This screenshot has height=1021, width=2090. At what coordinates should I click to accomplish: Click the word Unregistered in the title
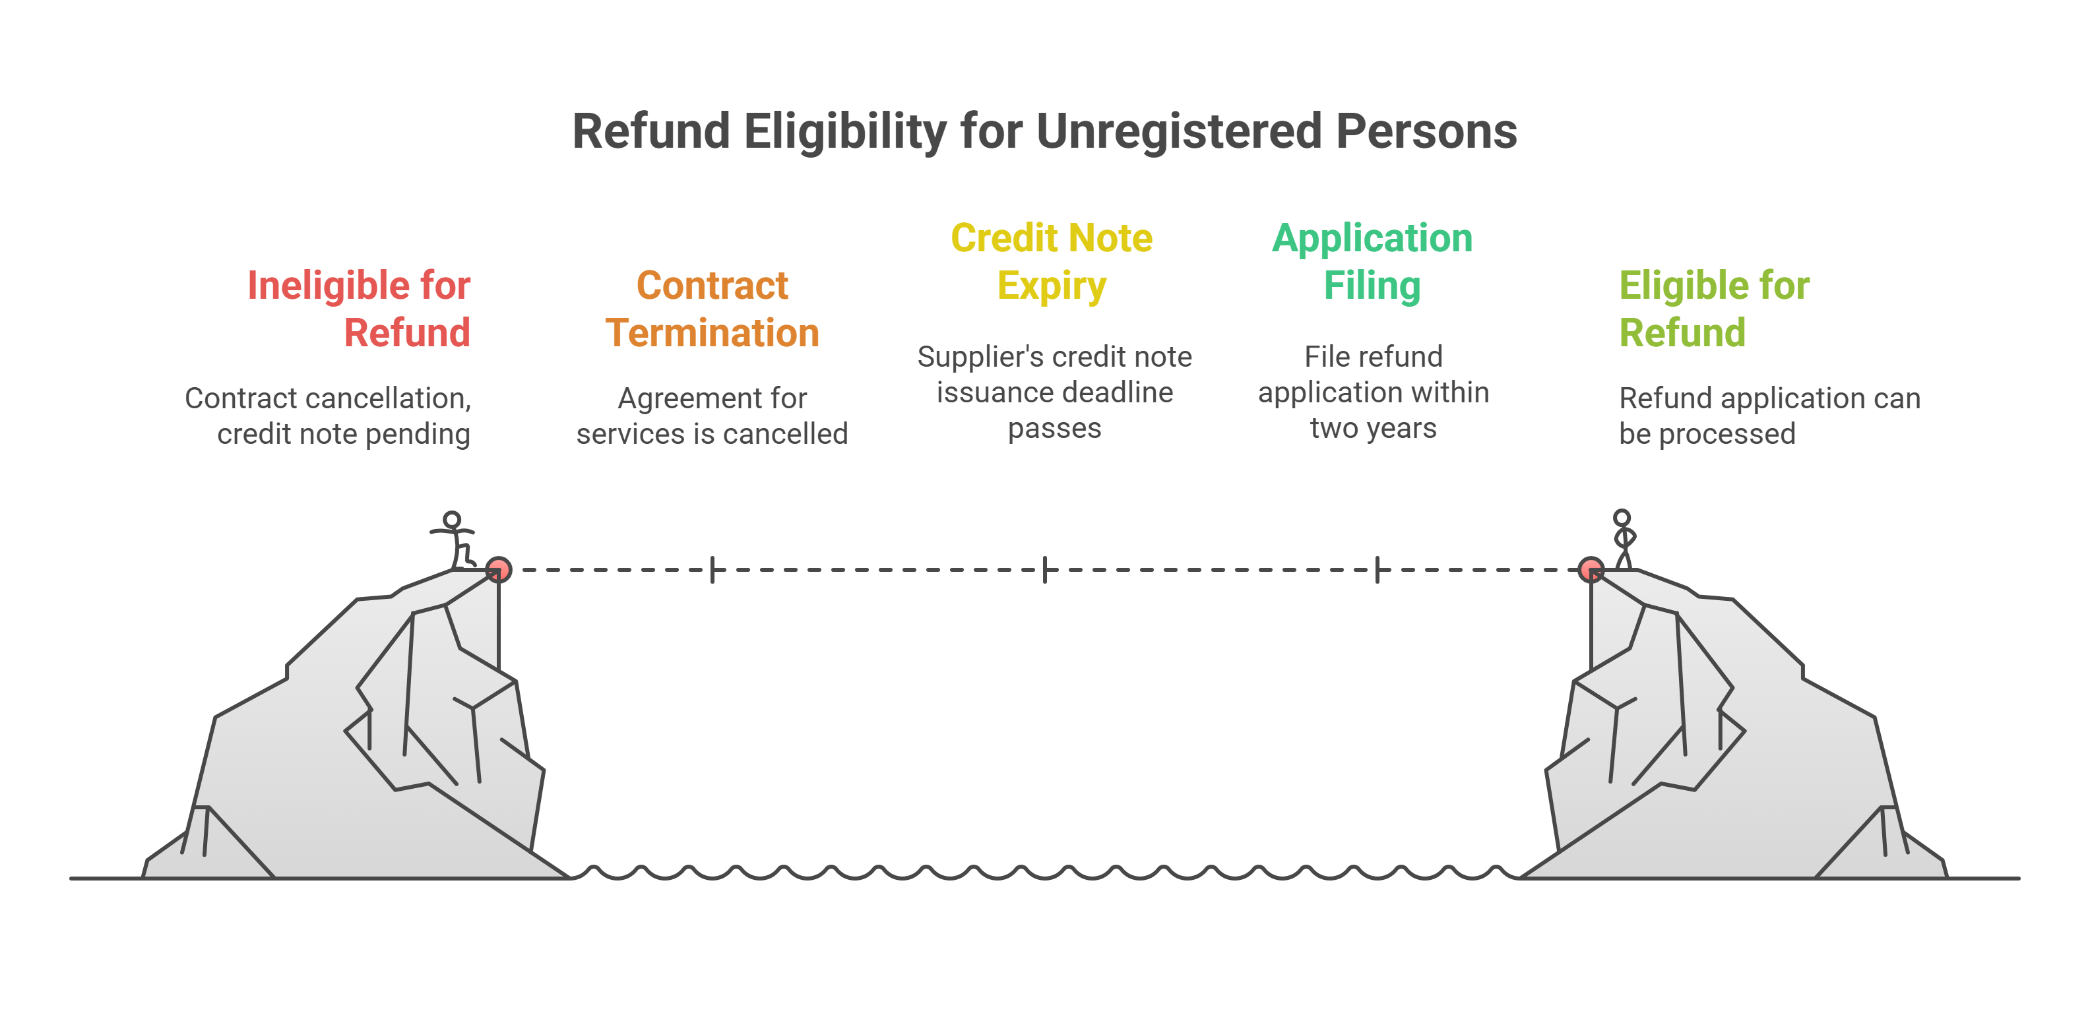(x=1179, y=131)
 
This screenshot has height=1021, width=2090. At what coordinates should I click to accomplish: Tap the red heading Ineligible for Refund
(x=359, y=309)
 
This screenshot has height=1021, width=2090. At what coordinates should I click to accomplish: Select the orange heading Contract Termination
(x=712, y=309)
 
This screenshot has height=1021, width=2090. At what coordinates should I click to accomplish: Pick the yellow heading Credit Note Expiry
(x=1052, y=262)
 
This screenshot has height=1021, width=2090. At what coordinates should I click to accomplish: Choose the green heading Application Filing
(x=1372, y=262)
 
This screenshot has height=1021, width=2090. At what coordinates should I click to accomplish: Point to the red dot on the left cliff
(x=498, y=569)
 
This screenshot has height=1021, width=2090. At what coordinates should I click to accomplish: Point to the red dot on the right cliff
(x=1591, y=569)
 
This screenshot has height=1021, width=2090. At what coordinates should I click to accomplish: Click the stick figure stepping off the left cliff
(x=455, y=540)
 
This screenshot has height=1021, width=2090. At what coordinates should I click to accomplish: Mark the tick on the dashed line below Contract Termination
(x=712, y=569)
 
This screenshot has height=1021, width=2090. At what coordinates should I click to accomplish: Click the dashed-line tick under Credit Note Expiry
(x=1045, y=569)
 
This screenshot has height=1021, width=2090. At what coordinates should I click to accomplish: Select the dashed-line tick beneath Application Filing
(x=1377, y=569)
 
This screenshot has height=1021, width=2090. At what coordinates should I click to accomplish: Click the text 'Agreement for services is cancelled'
(x=712, y=416)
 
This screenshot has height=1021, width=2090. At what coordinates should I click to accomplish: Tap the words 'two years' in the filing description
(x=1373, y=428)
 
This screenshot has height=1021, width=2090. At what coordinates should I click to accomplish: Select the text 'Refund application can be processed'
(x=1769, y=416)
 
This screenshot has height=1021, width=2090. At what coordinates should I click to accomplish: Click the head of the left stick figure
(x=452, y=519)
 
